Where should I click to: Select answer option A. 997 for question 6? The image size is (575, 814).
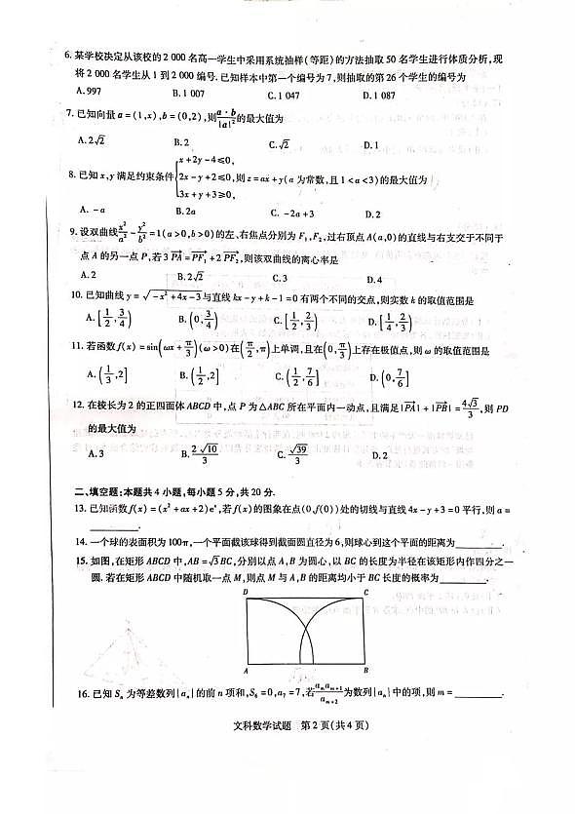click(93, 91)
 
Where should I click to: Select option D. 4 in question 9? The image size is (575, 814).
click(375, 276)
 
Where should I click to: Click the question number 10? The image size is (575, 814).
click(71, 294)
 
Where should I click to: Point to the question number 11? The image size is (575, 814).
click(71, 347)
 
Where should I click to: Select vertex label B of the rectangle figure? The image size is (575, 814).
click(366, 671)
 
